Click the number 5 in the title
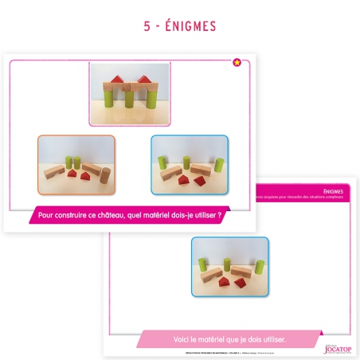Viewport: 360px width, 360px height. tap(147, 26)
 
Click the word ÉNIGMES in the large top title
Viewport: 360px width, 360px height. tap(190, 26)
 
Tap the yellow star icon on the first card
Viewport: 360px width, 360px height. tap(236, 62)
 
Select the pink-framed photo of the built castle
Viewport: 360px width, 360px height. tap(129, 93)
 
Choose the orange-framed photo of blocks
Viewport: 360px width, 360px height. tap(76, 165)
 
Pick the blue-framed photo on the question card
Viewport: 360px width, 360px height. tap(190, 165)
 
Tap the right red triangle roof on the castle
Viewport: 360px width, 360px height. tap(144, 78)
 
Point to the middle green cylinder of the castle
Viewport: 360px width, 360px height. tap(129, 99)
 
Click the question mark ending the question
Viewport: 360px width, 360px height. tap(217, 214)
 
